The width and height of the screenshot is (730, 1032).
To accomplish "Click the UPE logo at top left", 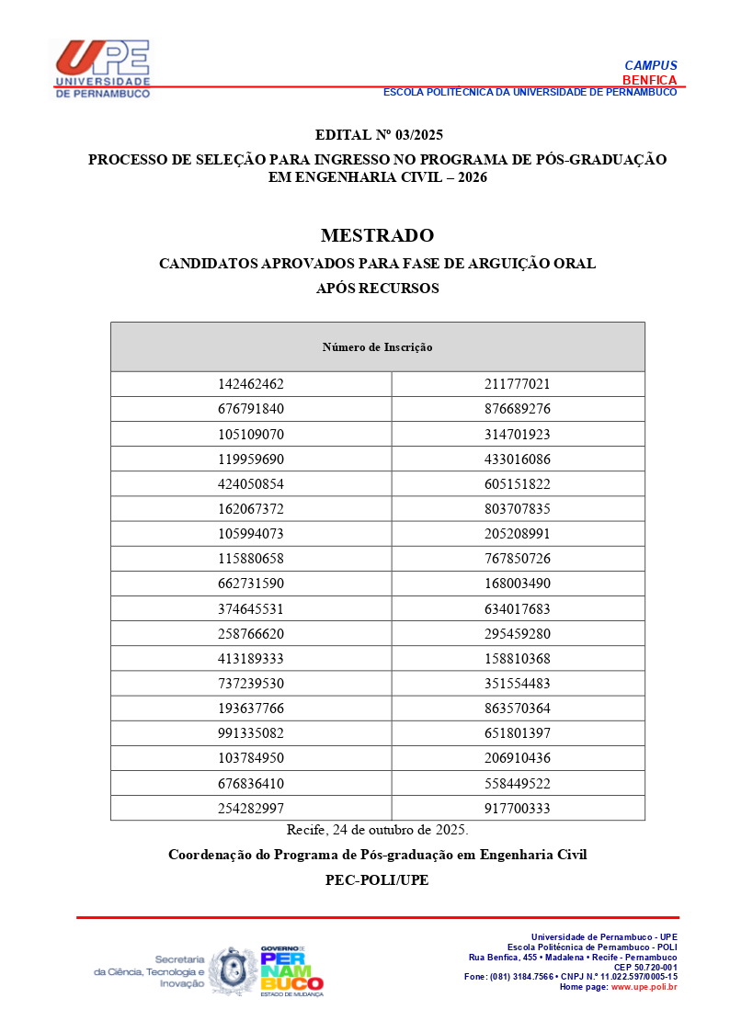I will [102, 67].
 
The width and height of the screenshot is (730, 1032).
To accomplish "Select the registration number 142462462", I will [251, 384].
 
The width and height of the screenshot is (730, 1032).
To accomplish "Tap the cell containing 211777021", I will [517, 384].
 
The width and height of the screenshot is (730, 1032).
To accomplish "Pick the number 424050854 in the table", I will [251, 484].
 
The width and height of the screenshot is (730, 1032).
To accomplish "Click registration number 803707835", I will [517, 509].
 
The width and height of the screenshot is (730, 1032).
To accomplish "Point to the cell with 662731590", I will [251, 584].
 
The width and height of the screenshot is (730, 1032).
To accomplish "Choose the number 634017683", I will [517, 608].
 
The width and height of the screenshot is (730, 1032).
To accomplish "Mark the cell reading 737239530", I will [251, 684].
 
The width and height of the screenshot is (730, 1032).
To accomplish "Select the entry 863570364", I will [517, 709].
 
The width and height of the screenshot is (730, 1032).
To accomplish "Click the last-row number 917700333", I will [517, 809].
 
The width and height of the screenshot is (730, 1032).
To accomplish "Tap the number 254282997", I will [251, 809].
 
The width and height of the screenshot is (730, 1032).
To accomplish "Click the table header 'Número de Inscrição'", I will [377, 347].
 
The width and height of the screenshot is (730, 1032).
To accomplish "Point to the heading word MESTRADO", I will [377, 236].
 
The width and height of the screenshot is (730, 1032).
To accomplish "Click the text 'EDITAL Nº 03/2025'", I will [377, 135].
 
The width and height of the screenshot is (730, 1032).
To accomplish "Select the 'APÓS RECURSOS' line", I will [377, 289].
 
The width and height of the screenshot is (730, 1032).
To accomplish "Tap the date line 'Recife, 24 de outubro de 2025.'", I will [377, 830].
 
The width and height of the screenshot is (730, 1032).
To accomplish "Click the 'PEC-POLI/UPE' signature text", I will [377, 879].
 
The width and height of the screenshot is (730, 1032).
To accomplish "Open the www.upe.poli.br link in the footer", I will [644, 987].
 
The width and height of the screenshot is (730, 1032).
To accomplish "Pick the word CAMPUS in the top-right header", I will [651, 65].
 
